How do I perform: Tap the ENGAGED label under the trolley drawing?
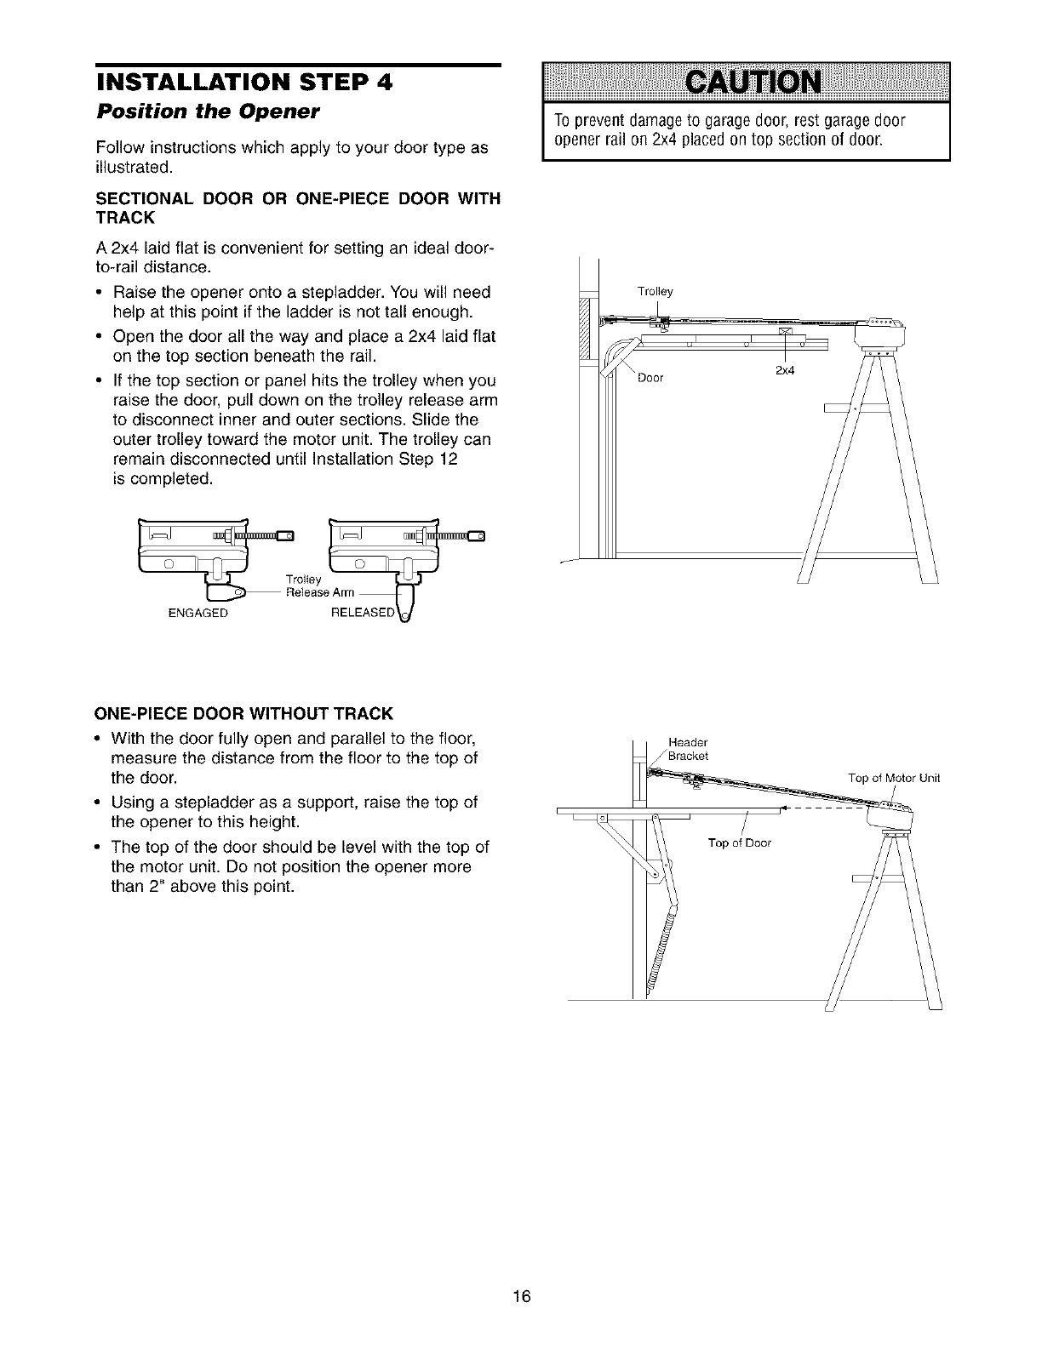[x=200, y=614]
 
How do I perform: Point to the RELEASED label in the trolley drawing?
[x=363, y=614]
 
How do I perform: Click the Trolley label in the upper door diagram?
[x=655, y=292]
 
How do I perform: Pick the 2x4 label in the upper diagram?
[x=784, y=370]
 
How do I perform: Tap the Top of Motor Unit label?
[x=894, y=778]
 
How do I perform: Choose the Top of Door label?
[x=739, y=843]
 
